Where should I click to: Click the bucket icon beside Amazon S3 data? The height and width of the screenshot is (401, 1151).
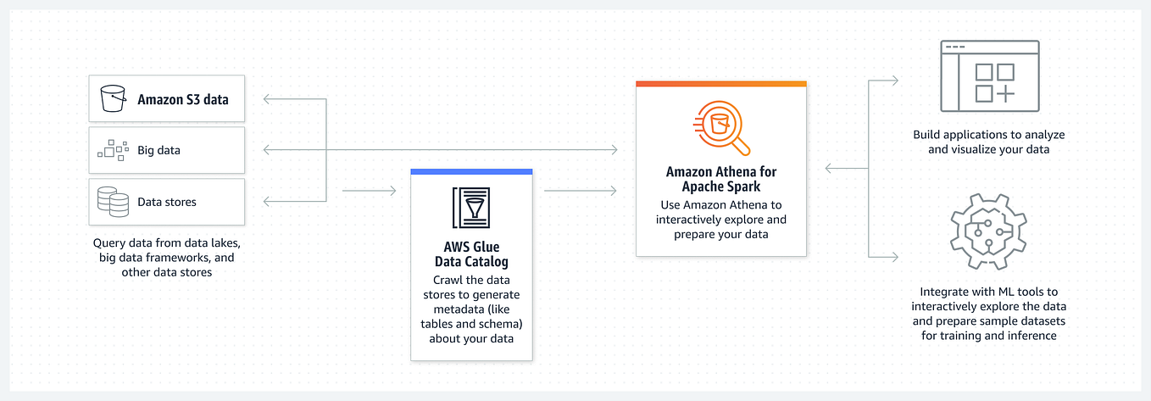(x=113, y=99)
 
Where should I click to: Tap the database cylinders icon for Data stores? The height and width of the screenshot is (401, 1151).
(x=113, y=202)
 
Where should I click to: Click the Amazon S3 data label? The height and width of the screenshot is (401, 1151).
(x=183, y=100)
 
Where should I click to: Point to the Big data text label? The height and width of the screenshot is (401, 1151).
(x=158, y=151)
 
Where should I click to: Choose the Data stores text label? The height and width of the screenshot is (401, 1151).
(x=167, y=202)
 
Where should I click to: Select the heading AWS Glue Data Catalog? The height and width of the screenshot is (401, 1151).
(x=471, y=254)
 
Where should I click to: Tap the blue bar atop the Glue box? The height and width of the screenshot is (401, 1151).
(x=471, y=171)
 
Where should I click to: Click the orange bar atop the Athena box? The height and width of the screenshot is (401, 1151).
(x=720, y=83)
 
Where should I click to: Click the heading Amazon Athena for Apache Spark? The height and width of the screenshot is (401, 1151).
(x=721, y=178)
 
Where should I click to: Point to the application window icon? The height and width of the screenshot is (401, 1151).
(x=989, y=76)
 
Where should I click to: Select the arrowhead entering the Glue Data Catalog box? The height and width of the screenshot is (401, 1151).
(x=392, y=191)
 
